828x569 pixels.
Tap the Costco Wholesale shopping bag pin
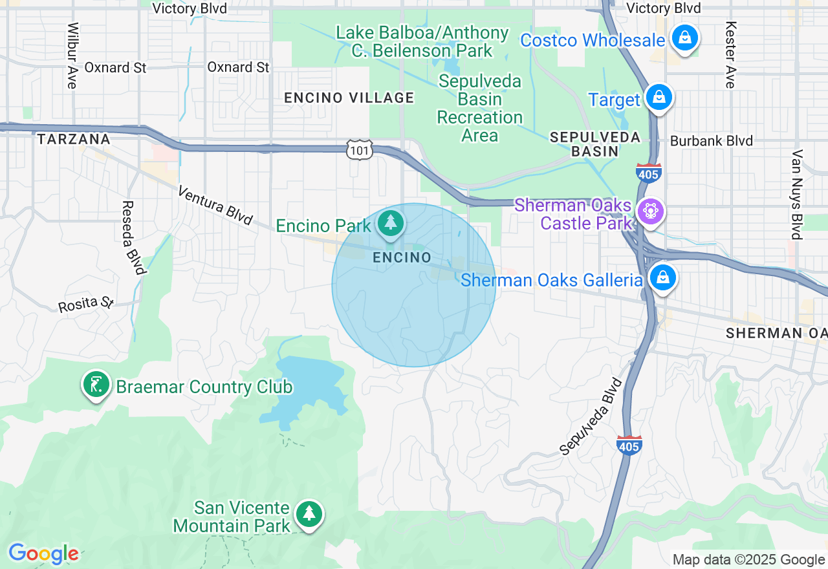pyautogui.click(x=684, y=38)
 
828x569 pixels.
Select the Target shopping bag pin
pyautogui.click(x=659, y=98)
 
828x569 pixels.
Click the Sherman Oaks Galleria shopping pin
pyautogui.click(x=662, y=278)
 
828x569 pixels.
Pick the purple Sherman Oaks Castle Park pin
pyautogui.click(x=650, y=212)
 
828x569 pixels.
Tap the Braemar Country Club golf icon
pyautogui.click(x=96, y=385)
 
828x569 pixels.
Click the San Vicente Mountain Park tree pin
pyautogui.click(x=309, y=514)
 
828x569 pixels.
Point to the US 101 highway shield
pyautogui.click(x=358, y=150)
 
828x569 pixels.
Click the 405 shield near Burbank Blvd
pyautogui.click(x=648, y=173)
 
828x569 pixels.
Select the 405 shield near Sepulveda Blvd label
pyautogui.click(x=629, y=445)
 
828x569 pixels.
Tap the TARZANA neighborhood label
pyautogui.click(x=73, y=139)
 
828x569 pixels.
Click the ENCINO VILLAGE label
pyautogui.click(x=349, y=98)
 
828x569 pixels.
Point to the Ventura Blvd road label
pyautogui.click(x=214, y=205)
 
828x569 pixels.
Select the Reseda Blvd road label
pyautogui.click(x=131, y=237)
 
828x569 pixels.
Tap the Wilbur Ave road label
pyautogui.click(x=72, y=56)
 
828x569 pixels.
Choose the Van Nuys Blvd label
pyautogui.click(x=797, y=194)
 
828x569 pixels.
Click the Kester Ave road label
pyautogui.click(x=730, y=55)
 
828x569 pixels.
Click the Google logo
pyautogui.click(x=44, y=553)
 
